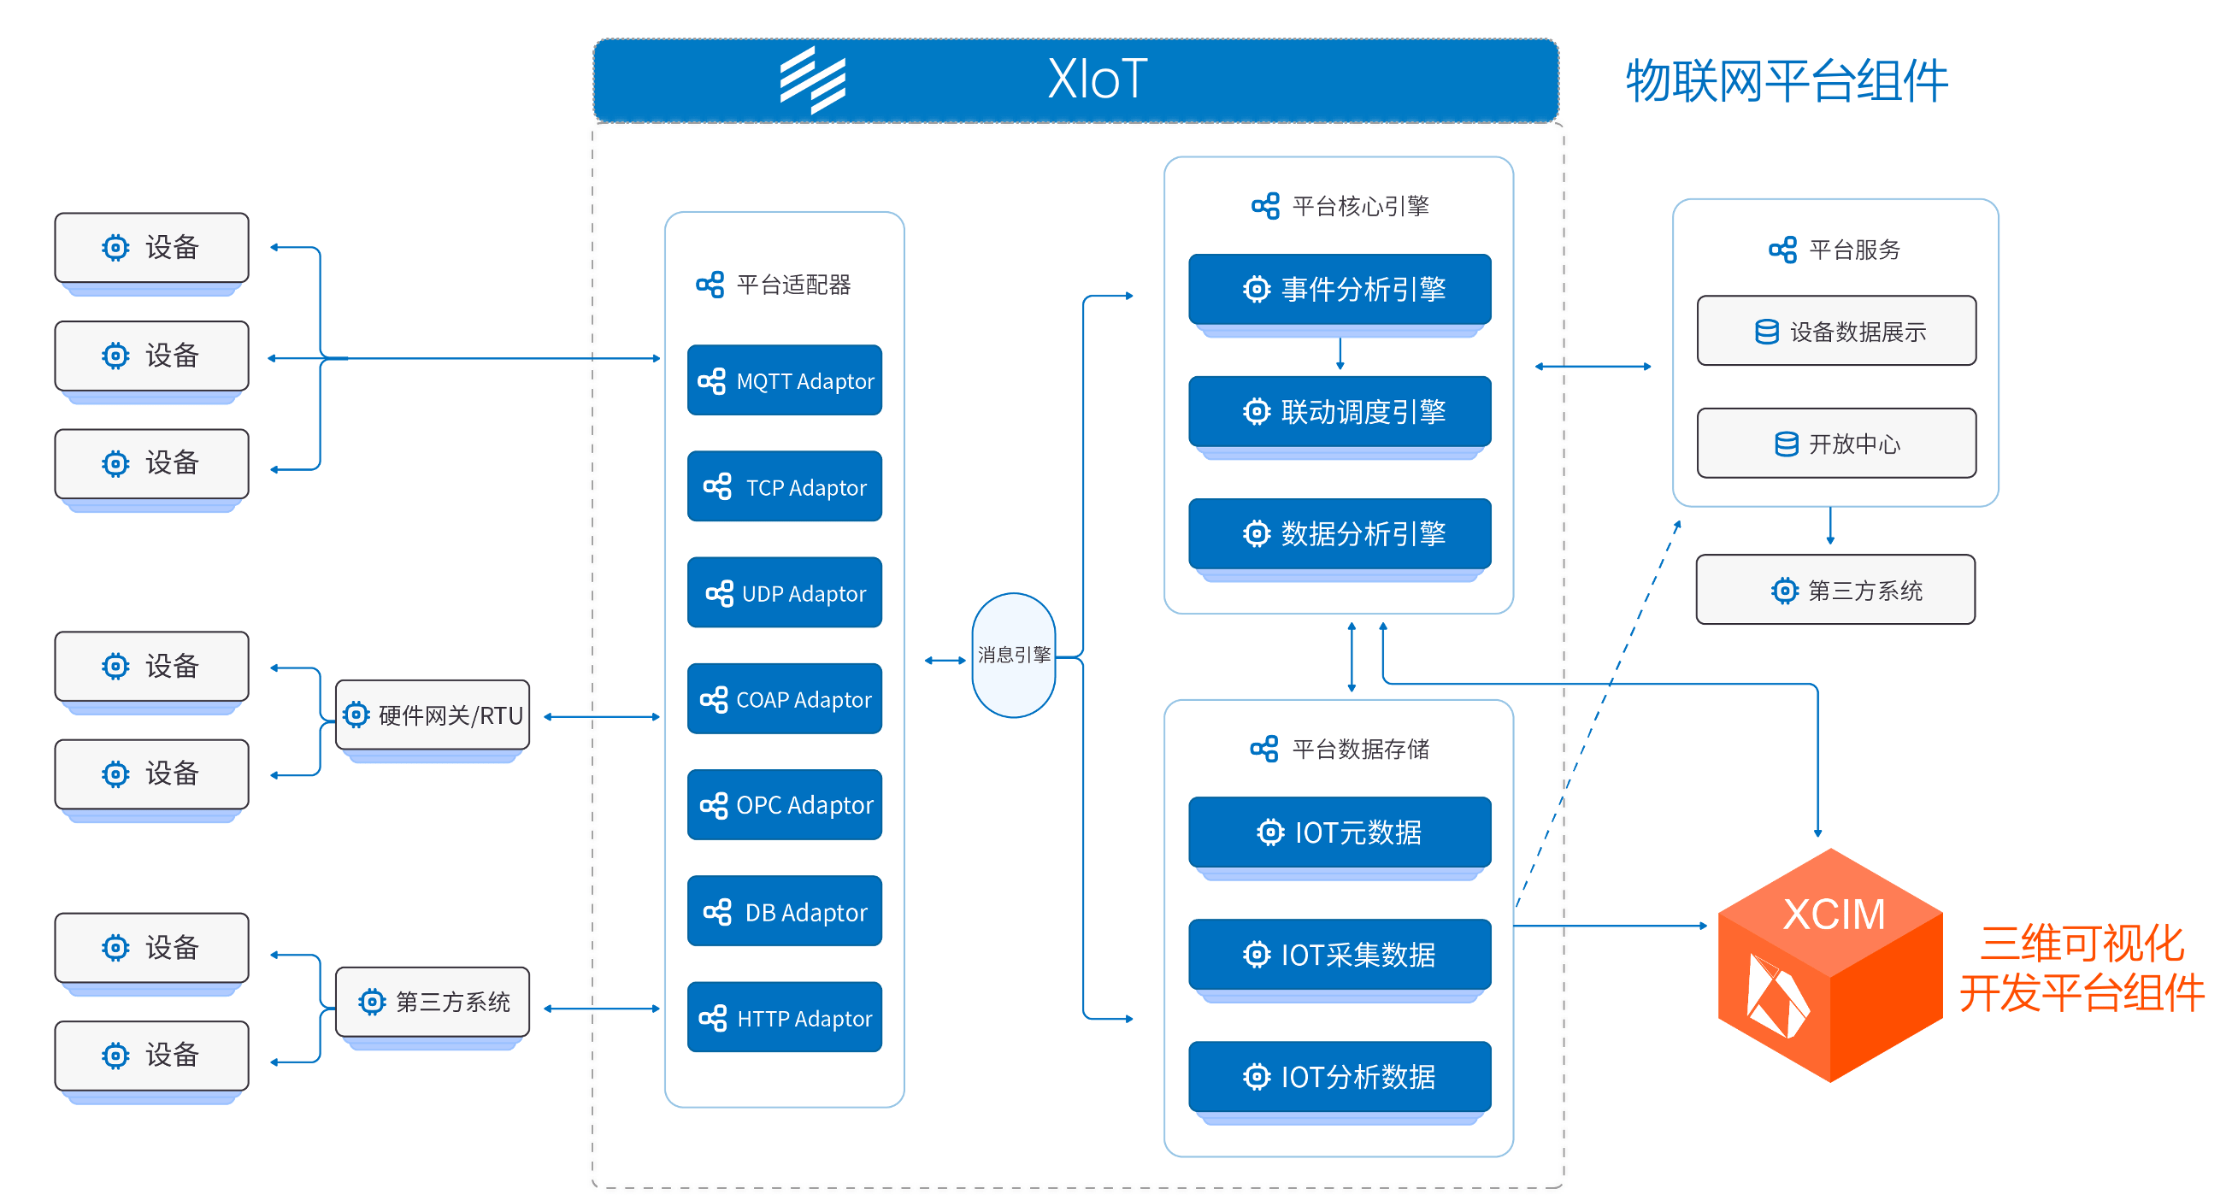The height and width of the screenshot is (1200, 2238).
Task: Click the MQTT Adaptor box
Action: click(784, 380)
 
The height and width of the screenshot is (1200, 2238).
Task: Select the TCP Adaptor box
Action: click(784, 486)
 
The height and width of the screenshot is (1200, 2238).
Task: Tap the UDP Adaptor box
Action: click(784, 592)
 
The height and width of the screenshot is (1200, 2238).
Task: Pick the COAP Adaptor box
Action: click(784, 698)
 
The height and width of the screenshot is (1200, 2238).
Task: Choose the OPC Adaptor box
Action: click(784, 804)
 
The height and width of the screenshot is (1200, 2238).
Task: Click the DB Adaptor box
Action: click(784, 911)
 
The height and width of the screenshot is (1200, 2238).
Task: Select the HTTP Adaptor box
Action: click(784, 1018)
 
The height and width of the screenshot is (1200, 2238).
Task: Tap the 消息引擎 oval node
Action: click(1013, 656)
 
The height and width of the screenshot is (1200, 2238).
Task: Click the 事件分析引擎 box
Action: click(1339, 290)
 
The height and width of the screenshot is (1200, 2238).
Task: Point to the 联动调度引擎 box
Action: click(1339, 412)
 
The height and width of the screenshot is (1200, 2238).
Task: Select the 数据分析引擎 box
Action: click(1339, 533)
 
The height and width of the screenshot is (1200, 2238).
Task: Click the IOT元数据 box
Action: click(1339, 832)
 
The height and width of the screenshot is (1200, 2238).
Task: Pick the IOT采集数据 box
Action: click(1339, 955)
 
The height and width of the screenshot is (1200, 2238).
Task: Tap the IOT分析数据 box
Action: click(1339, 1077)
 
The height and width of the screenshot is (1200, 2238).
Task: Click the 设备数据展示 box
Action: click(1835, 331)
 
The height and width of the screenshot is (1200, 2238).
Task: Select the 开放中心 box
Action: click(1835, 443)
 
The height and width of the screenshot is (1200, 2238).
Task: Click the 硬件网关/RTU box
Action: click(432, 715)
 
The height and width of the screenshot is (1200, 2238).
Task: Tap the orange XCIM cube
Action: click(1829, 964)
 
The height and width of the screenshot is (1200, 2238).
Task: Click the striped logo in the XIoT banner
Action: click(812, 80)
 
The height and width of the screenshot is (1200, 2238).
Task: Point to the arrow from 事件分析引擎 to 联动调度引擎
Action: click(1340, 354)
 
